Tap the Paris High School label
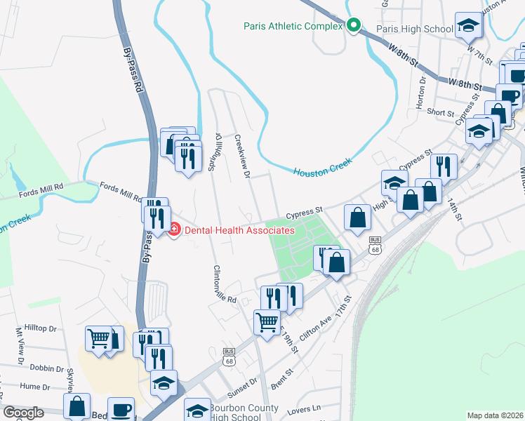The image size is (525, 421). tap(415, 29)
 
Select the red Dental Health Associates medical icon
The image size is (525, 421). tap(174, 229)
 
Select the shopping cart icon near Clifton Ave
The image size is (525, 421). tap(267, 323)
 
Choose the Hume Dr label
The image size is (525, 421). tap(35, 386)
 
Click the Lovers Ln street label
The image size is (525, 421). tap(306, 407)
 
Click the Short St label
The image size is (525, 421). tap(441, 112)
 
